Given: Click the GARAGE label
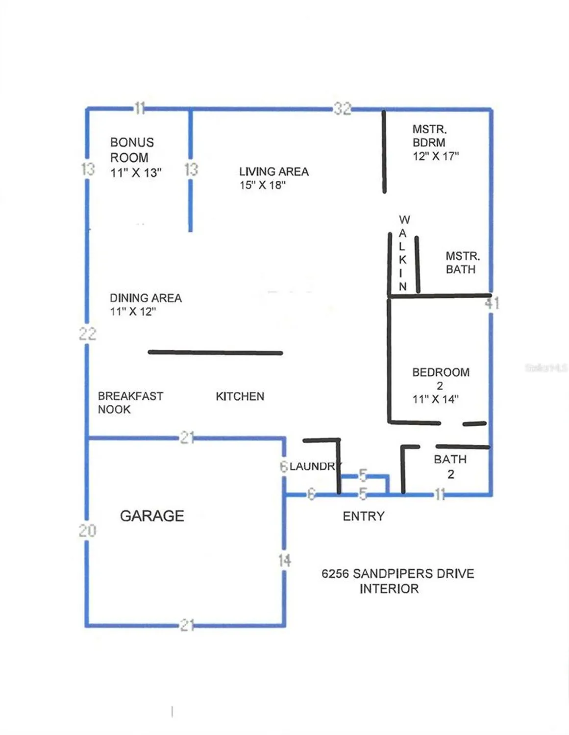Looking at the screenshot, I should coord(152,516).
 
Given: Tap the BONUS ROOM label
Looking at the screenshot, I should coord(131,150).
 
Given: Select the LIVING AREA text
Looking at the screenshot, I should coord(273,172).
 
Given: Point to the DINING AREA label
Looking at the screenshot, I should coord(146,298).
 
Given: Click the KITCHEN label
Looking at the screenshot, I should coord(240,396).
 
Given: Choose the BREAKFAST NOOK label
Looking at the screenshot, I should coord(130,403).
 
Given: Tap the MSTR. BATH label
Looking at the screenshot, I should coord(462,263).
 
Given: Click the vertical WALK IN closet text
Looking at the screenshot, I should coord(403,253).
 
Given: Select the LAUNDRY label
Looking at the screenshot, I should coord(314,466).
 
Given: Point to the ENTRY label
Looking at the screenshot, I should coord(363,516).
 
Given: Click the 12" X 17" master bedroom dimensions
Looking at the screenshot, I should coord(435,156).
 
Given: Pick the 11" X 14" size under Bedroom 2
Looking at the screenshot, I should coord(435,399).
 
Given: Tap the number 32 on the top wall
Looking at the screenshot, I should coord(343,108).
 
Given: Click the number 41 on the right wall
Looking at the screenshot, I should coord(492,303).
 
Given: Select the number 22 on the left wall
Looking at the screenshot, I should coord(88,334).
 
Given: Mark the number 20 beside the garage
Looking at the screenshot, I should coord(88,530).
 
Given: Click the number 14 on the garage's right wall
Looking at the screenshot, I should coord(285,560).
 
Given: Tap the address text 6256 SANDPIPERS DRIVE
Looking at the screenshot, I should coord(397,574).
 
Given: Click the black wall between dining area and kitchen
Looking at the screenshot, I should coord(215,352).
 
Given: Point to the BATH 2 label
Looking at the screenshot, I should coord(450,466).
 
